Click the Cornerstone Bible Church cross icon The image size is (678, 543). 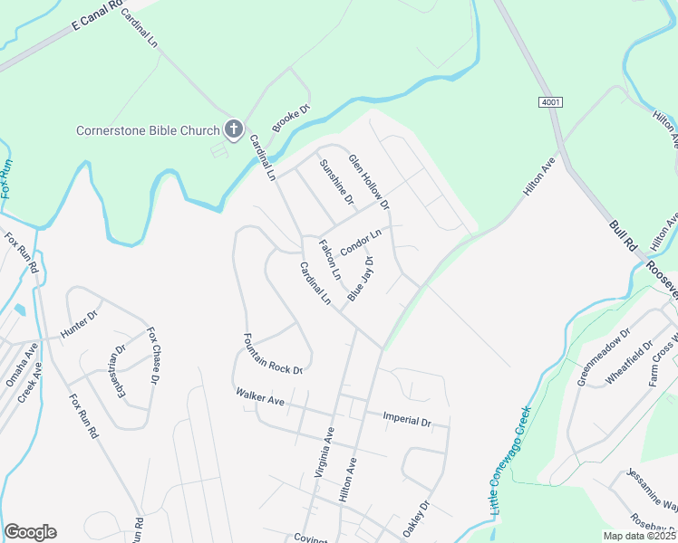(x=233, y=129)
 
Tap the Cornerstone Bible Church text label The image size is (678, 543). (x=148, y=130)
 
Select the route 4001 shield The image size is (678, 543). (x=549, y=103)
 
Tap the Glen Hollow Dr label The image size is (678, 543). (x=369, y=181)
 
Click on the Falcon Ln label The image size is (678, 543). (x=329, y=259)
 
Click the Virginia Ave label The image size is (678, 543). (x=324, y=452)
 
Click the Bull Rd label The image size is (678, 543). (x=623, y=238)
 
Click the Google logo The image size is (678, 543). (x=30, y=532)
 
